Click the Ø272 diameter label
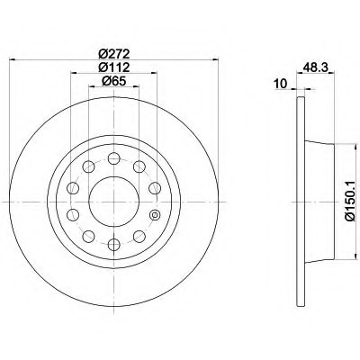114,54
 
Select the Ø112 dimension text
114,67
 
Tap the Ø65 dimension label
114,81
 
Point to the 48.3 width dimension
315,67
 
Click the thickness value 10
281,84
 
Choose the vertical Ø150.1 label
351,202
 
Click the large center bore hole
114,202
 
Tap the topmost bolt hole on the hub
114,158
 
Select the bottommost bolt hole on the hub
114,245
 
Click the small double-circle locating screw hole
155,215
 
